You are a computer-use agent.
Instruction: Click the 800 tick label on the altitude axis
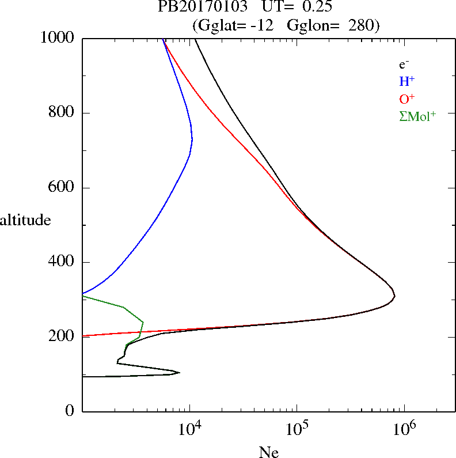pos(63,113)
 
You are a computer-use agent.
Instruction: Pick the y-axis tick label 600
pos(63,188)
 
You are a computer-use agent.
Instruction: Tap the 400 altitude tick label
pos(63,262)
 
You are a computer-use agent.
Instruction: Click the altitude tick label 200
pos(63,337)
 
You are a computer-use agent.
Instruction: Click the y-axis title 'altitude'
pos(25,220)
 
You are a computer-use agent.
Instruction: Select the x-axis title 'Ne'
pos(269,452)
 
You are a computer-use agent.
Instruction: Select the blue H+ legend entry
pos(406,81)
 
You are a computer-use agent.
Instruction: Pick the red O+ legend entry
pos(406,99)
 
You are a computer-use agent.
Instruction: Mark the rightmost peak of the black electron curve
pos(394,296)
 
